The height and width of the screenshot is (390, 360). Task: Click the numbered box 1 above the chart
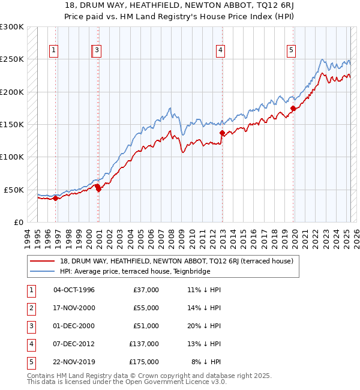tap(54, 51)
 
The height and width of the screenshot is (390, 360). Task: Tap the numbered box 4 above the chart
tap(221, 51)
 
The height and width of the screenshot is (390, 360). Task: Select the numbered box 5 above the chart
tap(291, 51)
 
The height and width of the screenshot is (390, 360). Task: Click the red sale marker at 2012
tap(222, 133)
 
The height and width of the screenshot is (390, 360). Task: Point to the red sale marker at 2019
tap(293, 108)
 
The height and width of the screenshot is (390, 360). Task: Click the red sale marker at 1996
tap(55, 197)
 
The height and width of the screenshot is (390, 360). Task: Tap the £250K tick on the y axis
tap(12, 59)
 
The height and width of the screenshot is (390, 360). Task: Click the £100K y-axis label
tap(12, 157)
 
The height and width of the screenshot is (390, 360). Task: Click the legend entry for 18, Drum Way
tap(176, 261)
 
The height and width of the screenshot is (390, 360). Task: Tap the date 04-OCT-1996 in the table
tap(74, 290)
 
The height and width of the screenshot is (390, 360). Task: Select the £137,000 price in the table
tap(144, 344)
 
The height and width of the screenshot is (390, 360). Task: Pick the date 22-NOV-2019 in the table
tap(74, 362)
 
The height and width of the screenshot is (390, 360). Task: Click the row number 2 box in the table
tap(31, 308)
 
